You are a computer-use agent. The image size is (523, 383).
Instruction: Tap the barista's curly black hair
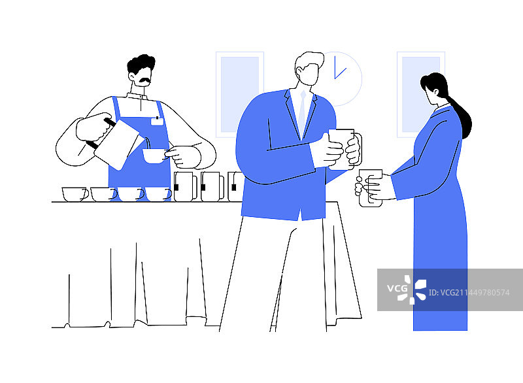click(x=141, y=63)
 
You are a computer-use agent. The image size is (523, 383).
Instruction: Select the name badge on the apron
click(x=157, y=121)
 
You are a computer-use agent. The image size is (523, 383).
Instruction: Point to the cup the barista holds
click(x=155, y=156)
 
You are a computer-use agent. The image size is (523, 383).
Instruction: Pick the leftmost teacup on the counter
click(x=75, y=194)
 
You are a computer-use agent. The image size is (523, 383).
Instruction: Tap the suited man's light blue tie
click(x=302, y=110)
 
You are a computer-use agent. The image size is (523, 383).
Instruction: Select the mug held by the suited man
click(x=345, y=149)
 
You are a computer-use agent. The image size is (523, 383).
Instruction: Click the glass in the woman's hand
click(x=370, y=188)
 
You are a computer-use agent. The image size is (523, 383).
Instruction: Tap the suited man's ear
click(x=299, y=71)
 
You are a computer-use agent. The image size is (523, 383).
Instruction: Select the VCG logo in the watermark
click(x=407, y=290)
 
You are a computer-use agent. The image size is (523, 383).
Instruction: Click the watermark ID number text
click(x=469, y=293)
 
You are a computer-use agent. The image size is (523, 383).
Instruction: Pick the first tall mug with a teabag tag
click(x=186, y=187)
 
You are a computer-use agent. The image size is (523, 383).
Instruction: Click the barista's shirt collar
click(x=137, y=96)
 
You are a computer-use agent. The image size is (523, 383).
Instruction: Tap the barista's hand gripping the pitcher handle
click(x=93, y=127)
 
